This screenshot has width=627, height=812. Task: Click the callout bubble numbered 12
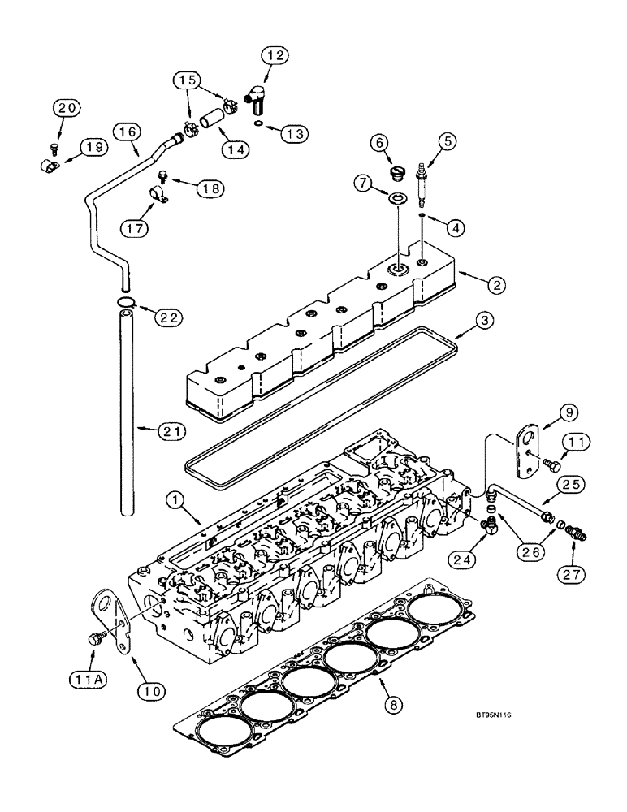(x=275, y=56)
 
